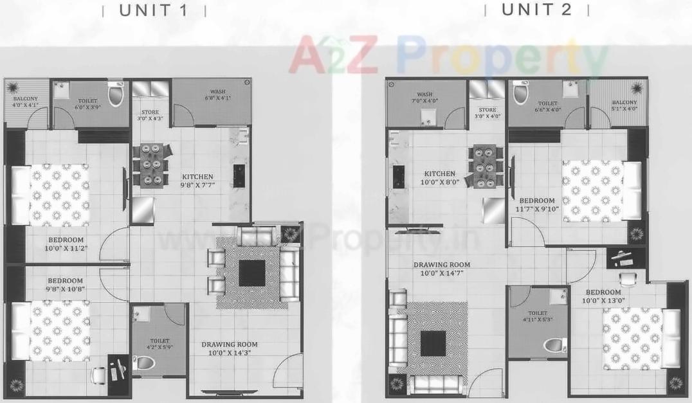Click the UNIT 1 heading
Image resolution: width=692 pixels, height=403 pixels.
154,10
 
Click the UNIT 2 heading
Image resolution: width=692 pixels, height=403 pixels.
536,10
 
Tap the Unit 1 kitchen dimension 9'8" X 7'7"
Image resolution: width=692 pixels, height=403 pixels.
197,186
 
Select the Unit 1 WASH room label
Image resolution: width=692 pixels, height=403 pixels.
217,91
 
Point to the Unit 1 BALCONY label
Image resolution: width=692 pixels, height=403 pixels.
26,98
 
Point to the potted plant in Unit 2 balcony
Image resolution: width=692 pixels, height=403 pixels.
636,87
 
